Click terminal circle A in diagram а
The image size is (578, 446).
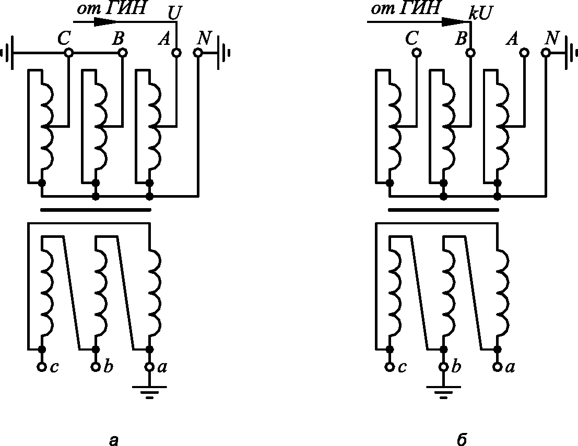[176, 53]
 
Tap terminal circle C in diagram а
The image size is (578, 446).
[68, 53]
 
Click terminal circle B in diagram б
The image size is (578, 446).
[470, 53]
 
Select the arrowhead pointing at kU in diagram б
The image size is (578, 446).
[453, 22]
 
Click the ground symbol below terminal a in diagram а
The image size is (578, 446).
[149, 391]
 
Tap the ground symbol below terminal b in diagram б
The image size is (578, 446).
[444, 391]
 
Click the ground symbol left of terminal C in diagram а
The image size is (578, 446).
[9, 53]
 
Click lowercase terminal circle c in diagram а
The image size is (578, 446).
[42, 367]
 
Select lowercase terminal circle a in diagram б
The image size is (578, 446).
[498, 367]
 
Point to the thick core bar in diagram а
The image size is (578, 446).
[96, 210]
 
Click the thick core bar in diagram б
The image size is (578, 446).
[443, 210]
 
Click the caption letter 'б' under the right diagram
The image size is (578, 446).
[461, 440]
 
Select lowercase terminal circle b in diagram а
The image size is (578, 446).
[96, 367]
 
